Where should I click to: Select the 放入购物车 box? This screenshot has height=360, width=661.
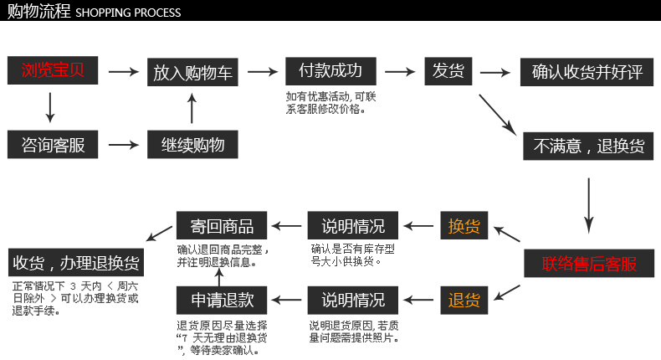click(192, 72)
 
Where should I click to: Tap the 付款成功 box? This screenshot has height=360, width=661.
click(330, 70)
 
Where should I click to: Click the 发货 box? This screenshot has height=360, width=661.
click(448, 70)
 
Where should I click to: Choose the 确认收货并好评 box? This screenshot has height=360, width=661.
click(587, 72)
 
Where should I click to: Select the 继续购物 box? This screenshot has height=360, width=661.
click(192, 144)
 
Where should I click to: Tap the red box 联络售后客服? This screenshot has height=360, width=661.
click(589, 264)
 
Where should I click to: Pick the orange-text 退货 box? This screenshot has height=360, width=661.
click(464, 300)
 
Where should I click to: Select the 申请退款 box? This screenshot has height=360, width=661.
click(222, 300)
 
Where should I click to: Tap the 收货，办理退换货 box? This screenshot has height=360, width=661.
click(76, 263)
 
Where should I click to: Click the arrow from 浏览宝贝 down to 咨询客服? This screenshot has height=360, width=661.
click(50, 107)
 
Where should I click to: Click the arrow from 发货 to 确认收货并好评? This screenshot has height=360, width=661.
click(494, 72)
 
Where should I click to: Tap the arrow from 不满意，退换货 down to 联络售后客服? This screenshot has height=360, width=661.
click(589, 203)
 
